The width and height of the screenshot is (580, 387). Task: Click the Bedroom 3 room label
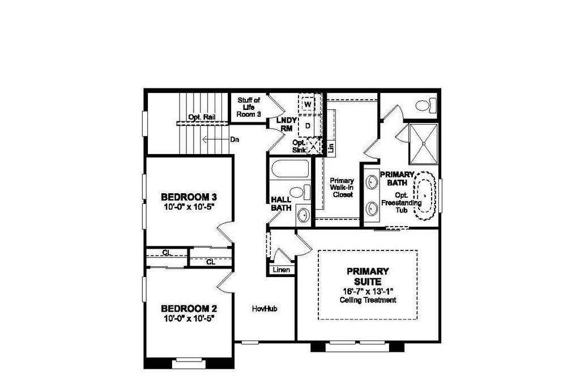(189, 197)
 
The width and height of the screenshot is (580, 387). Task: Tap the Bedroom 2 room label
(189, 309)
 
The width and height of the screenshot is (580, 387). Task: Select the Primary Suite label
(368, 277)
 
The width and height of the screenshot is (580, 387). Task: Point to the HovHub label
(265, 309)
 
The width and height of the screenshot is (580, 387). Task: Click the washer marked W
(308, 104)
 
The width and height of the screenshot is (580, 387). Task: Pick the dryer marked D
(308, 126)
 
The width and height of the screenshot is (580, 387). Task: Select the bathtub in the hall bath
(291, 169)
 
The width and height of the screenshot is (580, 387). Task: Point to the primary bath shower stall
(424, 144)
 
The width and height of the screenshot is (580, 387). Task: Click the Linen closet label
(282, 270)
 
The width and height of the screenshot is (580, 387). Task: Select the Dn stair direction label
(234, 139)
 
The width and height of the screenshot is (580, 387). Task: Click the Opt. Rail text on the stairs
(202, 117)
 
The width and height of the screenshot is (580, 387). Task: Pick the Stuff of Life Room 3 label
(249, 107)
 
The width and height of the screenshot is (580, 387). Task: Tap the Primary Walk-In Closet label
(342, 188)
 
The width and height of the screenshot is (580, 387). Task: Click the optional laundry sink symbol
(314, 145)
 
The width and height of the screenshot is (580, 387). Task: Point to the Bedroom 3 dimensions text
(189, 206)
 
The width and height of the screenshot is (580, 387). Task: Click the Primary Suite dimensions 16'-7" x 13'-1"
(368, 291)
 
